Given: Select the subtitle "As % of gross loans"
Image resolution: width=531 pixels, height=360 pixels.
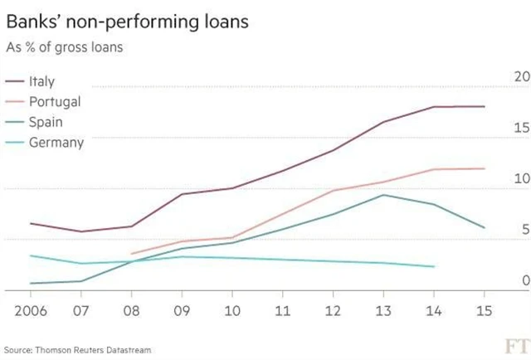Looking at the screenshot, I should pos(65,47).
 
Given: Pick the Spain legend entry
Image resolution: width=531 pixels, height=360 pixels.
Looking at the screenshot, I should pos(46,122).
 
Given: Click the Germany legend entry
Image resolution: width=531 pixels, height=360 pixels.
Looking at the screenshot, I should pos(56,142).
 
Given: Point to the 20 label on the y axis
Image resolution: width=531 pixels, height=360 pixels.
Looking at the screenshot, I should pos(521,77).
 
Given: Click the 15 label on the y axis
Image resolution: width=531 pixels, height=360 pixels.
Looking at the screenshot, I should pos(521,129).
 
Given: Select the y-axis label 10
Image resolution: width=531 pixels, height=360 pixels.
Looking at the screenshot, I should pos(521,179).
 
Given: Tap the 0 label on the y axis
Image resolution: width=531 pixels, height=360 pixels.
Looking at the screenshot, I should pos(525,281).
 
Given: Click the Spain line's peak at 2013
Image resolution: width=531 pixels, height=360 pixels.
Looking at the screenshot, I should pos(383,195).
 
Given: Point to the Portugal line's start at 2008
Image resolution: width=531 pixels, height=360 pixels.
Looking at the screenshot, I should pos(131,254).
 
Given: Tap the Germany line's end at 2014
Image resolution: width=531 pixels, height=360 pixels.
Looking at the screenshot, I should pos(434,266).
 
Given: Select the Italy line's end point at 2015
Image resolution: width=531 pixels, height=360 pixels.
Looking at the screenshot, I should pos(485,106).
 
